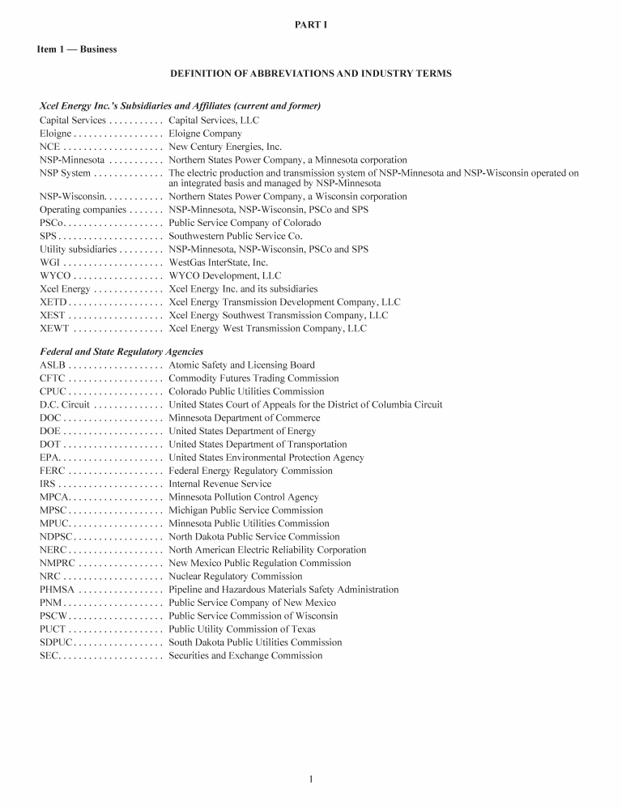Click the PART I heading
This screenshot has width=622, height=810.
point(311,26)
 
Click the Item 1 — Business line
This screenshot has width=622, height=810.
point(77,49)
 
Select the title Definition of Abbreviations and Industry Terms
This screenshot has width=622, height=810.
point(311,74)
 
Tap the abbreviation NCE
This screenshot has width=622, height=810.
point(49,147)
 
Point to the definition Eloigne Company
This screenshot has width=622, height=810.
point(205,134)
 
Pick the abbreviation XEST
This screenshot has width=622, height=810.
point(53,315)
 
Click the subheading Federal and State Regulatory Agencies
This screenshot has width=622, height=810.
point(121,352)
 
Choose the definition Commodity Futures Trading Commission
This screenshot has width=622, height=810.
point(253,378)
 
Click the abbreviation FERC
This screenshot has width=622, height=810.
point(53,471)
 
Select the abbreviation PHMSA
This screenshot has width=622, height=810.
point(57,590)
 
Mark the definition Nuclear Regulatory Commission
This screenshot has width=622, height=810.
point(235,577)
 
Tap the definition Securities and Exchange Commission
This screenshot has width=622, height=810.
point(245,655)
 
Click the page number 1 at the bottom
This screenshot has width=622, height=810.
point(311,779)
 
